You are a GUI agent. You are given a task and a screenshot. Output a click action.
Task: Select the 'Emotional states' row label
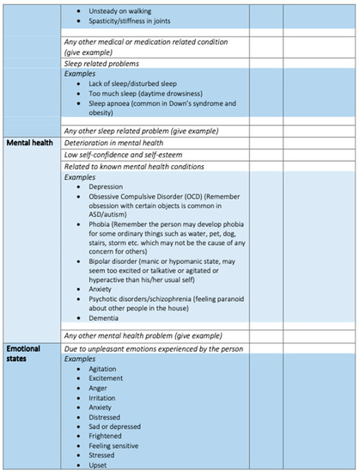(x=27, y=353)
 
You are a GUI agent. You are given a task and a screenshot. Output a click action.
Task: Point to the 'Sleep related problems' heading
(x=101, y=63)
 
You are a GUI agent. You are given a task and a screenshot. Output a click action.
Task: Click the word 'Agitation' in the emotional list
(x=103, y=369)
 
